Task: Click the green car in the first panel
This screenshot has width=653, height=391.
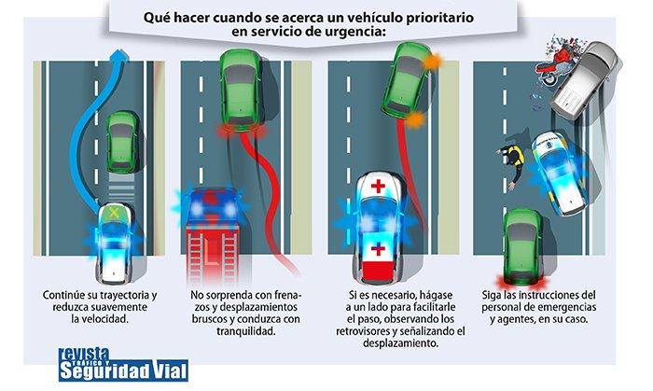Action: tap(121, 141)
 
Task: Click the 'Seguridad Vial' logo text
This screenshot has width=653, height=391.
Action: tap(122, 370)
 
